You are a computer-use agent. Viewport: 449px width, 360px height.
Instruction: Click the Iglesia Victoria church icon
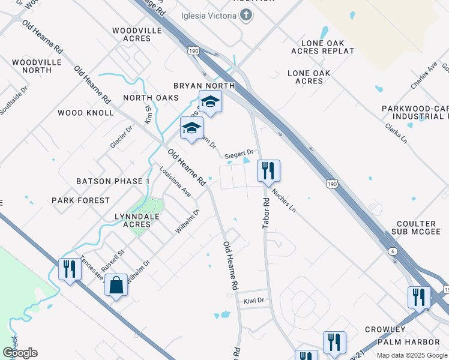246,16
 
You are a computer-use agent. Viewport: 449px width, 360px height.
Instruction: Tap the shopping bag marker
116,285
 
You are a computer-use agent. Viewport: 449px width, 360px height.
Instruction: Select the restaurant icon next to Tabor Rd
268,171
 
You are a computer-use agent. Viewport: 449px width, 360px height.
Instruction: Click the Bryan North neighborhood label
204,86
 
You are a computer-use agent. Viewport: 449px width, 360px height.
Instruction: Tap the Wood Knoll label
86,113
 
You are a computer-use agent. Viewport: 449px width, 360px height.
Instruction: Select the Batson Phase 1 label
113,181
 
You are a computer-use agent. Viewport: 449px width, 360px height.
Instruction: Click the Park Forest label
80,200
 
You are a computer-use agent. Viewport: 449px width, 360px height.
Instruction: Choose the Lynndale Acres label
128,220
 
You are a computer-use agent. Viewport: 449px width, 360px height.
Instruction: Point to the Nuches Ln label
284,200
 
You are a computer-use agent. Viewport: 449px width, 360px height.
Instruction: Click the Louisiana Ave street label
175,182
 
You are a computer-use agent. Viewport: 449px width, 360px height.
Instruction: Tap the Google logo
20,353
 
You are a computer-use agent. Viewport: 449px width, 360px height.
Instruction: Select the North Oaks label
151,98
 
